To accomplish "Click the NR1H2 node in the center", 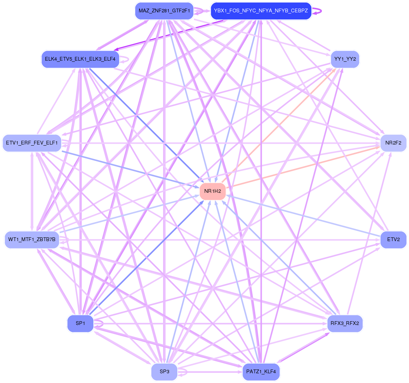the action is click(213, 191).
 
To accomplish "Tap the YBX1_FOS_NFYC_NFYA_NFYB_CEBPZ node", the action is click(261, 11).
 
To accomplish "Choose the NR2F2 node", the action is click(393, 143).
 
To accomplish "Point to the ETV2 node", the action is click(393, 239).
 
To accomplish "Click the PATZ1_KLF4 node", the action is click(261, 372).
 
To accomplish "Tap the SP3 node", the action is click(165, 372).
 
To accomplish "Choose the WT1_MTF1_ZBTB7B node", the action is click(32, 239).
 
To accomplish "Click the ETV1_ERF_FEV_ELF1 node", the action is click(32, 143).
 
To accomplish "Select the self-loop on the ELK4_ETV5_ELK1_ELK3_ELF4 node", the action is click(127, 59).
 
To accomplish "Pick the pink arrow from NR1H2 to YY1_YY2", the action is click(277, 127).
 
